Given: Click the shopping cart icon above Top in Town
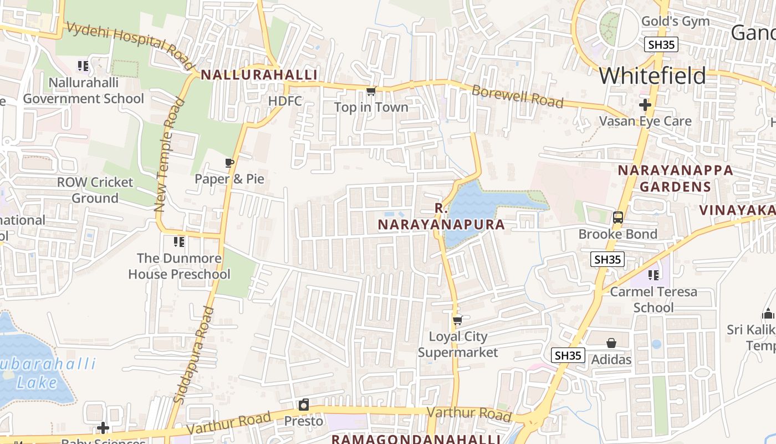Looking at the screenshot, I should [371, 90].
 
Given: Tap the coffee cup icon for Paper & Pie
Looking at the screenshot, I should [229, 163].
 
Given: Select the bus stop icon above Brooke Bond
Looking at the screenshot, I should [618, 218].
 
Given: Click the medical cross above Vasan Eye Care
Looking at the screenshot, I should [645, 104].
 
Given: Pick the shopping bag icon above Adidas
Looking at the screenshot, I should [611, 343].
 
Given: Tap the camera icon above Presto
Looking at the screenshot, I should [303, 405].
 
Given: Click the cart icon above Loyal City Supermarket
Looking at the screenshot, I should [457, 320].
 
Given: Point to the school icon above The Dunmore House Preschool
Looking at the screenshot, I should [178, 241].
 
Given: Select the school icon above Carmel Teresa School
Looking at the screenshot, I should [654, 275].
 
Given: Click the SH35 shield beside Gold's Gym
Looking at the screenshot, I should [661, 44].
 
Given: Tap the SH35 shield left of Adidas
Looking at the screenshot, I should [568, 355].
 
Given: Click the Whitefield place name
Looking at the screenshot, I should [652, 75].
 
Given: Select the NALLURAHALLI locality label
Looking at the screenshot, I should [259, 75].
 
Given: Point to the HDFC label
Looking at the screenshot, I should [285, 101].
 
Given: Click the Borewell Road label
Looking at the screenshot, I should [517, 97].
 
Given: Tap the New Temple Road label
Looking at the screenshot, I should [169, 155].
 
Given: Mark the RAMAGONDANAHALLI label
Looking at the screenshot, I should [416, 439].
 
